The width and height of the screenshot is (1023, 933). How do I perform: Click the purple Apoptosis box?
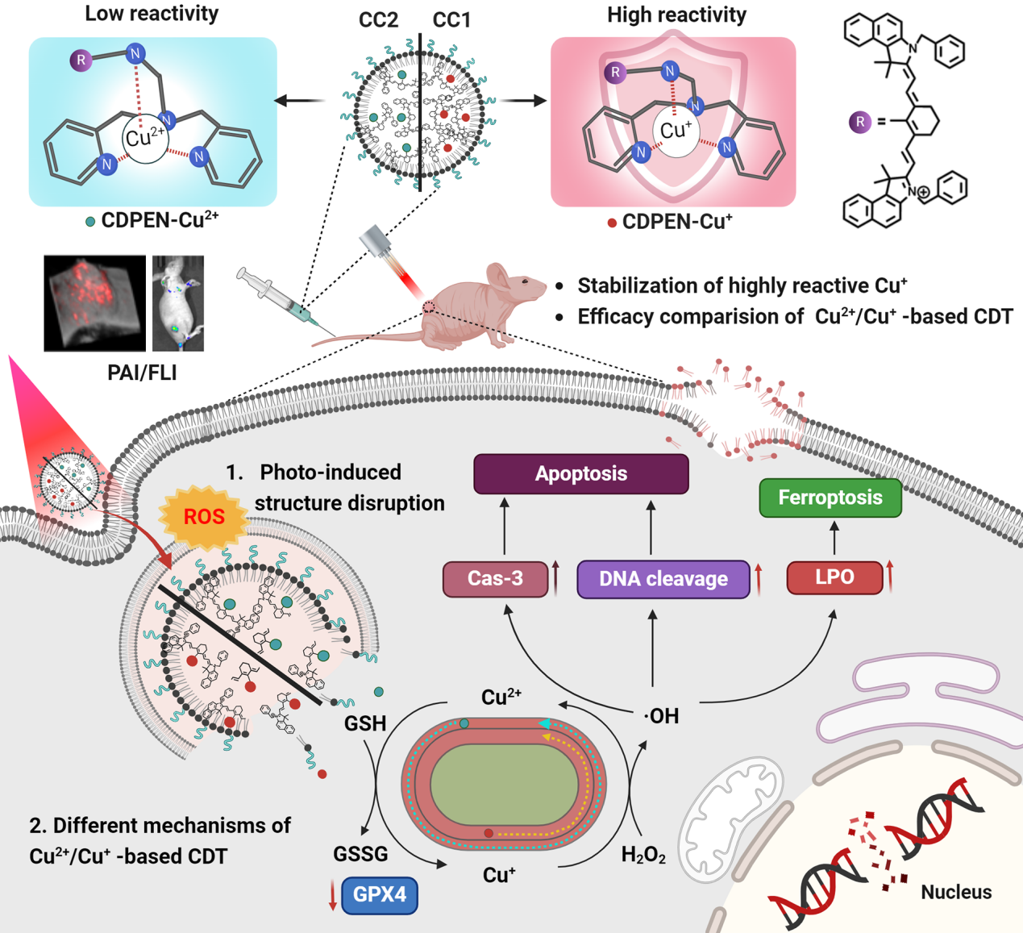pos(580,473)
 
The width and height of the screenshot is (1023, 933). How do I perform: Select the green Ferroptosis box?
pos(830,498)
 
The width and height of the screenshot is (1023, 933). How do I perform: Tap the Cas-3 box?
pos(495,578)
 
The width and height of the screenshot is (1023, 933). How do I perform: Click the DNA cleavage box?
pos(663,579)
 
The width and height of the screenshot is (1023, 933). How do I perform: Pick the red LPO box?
pos(834,577)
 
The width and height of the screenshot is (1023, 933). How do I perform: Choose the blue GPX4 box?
pos(380,895)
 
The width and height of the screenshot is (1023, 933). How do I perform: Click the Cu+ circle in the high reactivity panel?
pos(676,131)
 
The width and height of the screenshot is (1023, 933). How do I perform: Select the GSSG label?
pos(360,854)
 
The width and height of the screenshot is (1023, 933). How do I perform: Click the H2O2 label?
pos(642,855)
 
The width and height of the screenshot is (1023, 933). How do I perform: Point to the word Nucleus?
pos(956,892)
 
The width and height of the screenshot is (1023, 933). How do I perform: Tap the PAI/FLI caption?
pos(142,373)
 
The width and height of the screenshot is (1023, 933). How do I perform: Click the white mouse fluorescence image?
pos(178,303)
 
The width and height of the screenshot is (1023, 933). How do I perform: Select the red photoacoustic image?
pos(94,303)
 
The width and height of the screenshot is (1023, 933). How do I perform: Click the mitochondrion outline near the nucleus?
pos(730,814)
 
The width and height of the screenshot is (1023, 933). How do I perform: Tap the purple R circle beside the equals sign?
pos(860,122)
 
